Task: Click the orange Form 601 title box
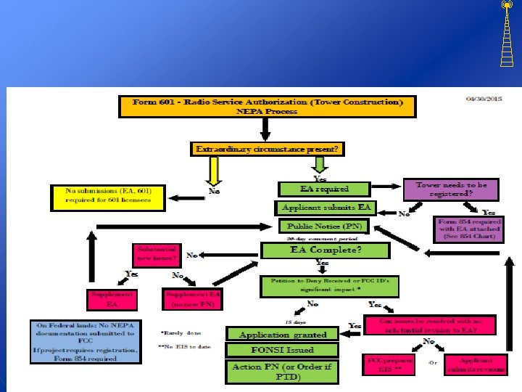268,107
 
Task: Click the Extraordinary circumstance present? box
268,149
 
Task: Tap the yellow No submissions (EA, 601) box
108,195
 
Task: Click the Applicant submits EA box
325,208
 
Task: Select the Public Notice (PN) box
324,226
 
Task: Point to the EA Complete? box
326,250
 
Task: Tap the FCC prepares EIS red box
389,364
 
